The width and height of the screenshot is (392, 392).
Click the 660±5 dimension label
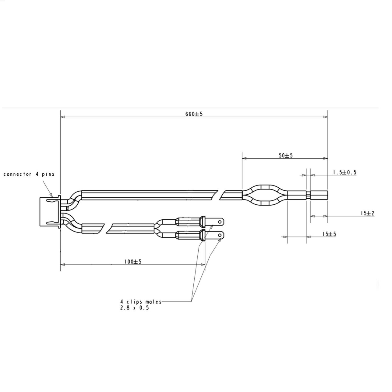[194, 114]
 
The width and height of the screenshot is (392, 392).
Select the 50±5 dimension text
[286, 155]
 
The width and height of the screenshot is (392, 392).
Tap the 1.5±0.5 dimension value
[344, 172]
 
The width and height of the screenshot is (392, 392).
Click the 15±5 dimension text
[329, 234]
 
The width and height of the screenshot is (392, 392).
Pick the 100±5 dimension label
[133, 262]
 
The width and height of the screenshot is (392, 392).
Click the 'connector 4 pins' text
[29, 174]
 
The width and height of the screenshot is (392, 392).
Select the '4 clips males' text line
[141, 302]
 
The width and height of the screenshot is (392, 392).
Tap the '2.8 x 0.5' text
[134, 308]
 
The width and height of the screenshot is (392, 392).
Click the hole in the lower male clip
[220, 236]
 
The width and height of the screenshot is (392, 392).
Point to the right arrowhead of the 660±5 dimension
[326, 117]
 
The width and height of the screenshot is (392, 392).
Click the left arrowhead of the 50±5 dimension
[244, 158]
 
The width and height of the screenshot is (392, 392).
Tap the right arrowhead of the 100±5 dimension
[203, 264]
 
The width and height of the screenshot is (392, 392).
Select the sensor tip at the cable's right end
[319, 195]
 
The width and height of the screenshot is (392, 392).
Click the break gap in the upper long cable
[219, 195]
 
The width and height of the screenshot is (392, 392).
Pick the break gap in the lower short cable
[105, 228]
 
